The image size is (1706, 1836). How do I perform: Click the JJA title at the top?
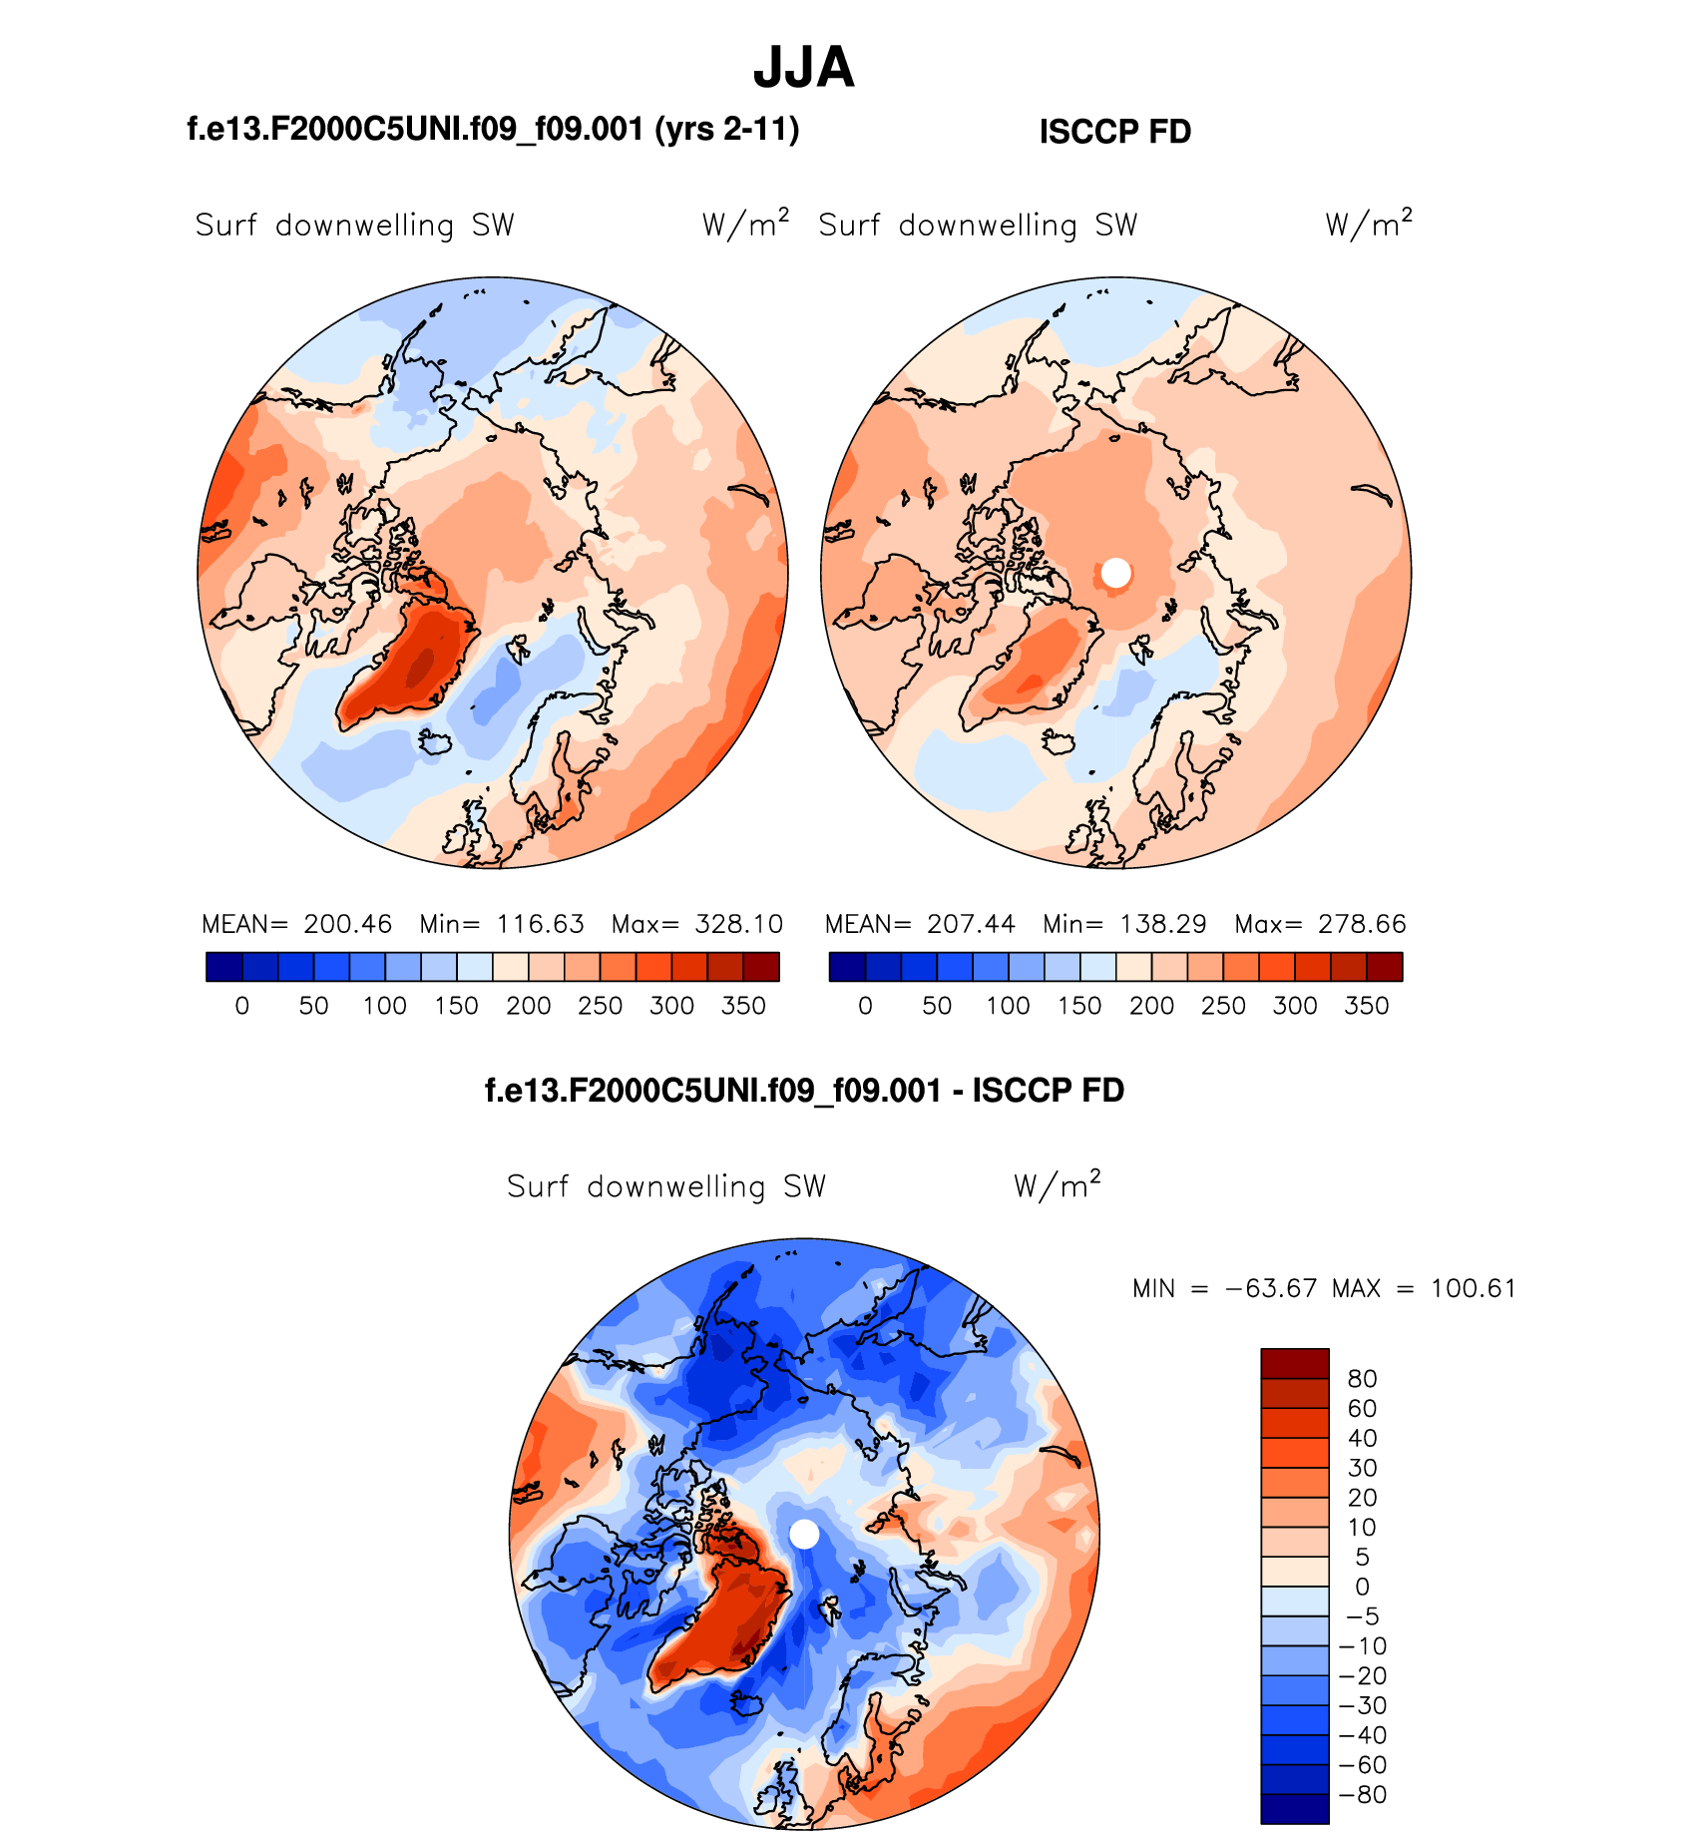pyautogui.click(x=803, y=68)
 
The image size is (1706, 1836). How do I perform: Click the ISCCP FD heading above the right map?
pyautogui.click(x=1114, y=132)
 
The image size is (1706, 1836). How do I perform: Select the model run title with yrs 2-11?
pyautogui.click(x=493, y=130)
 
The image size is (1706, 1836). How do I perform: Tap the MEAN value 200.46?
pyautogui.click(x=347, y=924)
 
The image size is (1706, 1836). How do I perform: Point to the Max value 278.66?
pyautogui.click(x=1362, y=924)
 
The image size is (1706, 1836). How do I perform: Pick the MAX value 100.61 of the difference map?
pyautogui.click(x=1473, y=1288)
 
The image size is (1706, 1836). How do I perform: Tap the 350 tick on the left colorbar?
pyautogui.click(x=743, y=1006)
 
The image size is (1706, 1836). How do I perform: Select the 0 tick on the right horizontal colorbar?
pyautogui.click(x=865, y=1006)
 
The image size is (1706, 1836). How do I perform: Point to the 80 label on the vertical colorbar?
pyautogui.click(x=1362, y=1379)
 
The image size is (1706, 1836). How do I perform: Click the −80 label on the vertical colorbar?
pyautogui.click(x=1363, y=1795)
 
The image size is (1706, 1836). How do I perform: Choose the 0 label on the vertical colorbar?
pyautogui.click(x=1362, y=1587)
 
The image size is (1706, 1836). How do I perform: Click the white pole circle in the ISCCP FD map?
pyautogui.click(x=1115, y=573)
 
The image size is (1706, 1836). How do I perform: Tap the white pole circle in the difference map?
pyautogui.click(x=804, y=1535)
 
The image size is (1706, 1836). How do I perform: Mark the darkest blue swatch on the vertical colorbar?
pyautogui.click(x=1295, y=1809)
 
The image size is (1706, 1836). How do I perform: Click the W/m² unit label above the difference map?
pyautogui.click(x=1057, y=1185)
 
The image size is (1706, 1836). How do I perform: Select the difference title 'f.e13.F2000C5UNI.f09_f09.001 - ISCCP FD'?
pyautogui.click(x=804, y=1091)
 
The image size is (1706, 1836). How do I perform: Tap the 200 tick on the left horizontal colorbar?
pyautogui.click(x=529, y=1006)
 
